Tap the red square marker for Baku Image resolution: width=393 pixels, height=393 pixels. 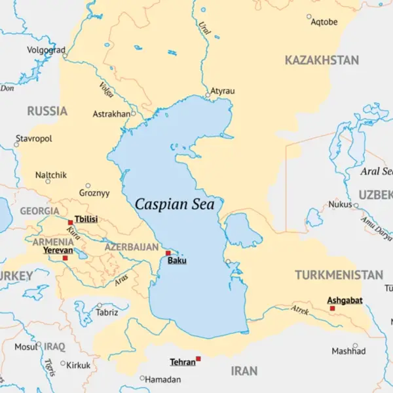pyautogui.click(x=168, y=253)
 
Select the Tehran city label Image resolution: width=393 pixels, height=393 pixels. pyautogui.click(x=183, y=362)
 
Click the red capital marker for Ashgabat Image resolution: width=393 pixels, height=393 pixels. pyautogui.click(x=332, y=308)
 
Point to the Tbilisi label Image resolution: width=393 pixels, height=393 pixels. pyautogui.click(x=86, y=219)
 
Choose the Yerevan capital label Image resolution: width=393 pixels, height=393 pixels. pyautogui.click(x=58, y=250)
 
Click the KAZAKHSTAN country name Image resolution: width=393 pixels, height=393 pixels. pyautogui.click(x=322, y=60)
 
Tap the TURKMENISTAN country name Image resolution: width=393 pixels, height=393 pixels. pyautogui.click(x=339, y=274)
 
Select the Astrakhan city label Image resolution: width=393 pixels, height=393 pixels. pyautogui.click(x=111, y=114)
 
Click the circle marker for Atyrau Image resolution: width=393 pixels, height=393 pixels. pyautogui.click(x=208, y=95)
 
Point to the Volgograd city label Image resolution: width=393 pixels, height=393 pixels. pyautogui.click(x=46, y=50)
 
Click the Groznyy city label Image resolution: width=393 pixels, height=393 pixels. pyautogui.click(x=94, y=193)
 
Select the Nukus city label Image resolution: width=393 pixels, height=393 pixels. pyautogui.click(x=340, y=204)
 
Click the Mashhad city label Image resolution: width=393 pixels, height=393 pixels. pyautogui.click(x=348, y=351)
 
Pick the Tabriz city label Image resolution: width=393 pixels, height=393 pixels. pyautogui.click(x=107, y=313)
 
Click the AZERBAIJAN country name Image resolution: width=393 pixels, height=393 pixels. pyautogui.click(x=132, y=247)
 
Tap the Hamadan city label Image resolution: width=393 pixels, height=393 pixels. pyautogui.click(x=162, y=379)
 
